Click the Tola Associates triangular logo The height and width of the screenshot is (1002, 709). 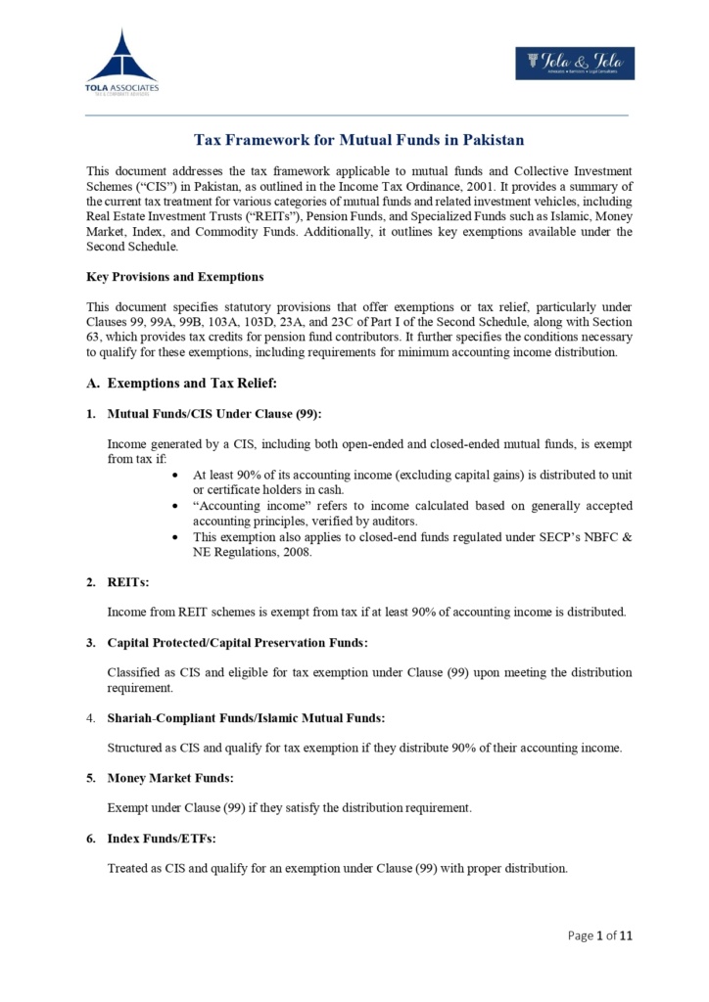tap(121, 59)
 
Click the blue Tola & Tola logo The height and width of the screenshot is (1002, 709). tap(575, 64)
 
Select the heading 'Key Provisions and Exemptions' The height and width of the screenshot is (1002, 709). tap(174, 277)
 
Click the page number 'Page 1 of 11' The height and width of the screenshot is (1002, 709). tap(600, 935)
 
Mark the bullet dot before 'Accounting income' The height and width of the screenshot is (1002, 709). tap(174, 506)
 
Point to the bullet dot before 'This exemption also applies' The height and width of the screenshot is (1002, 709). tap(174, 537)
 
